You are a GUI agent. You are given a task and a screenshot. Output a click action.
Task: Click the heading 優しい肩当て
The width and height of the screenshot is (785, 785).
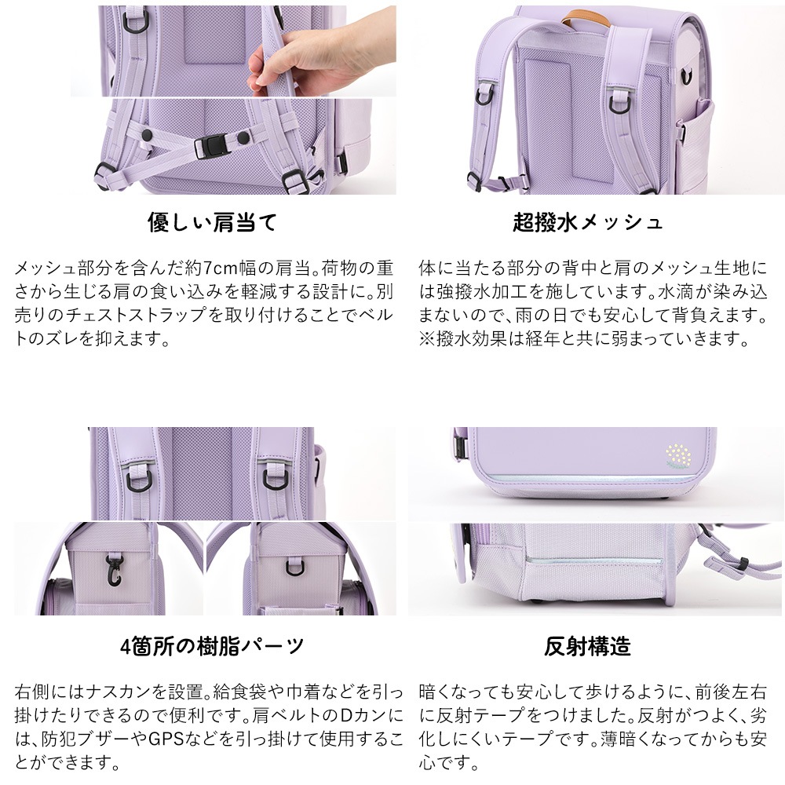coord(212,222)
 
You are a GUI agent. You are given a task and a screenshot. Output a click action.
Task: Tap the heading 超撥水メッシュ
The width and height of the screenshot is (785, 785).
coord(588,222)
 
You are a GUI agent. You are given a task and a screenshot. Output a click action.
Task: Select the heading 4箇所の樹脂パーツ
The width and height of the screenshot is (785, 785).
coord(212,646)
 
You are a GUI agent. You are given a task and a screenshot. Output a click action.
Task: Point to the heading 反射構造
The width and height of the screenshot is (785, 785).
coord(588,646)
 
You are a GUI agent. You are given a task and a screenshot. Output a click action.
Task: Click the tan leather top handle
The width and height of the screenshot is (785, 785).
coord(586,18)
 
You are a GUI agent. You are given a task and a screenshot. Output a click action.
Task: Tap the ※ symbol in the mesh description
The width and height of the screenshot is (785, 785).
coord(427,339)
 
